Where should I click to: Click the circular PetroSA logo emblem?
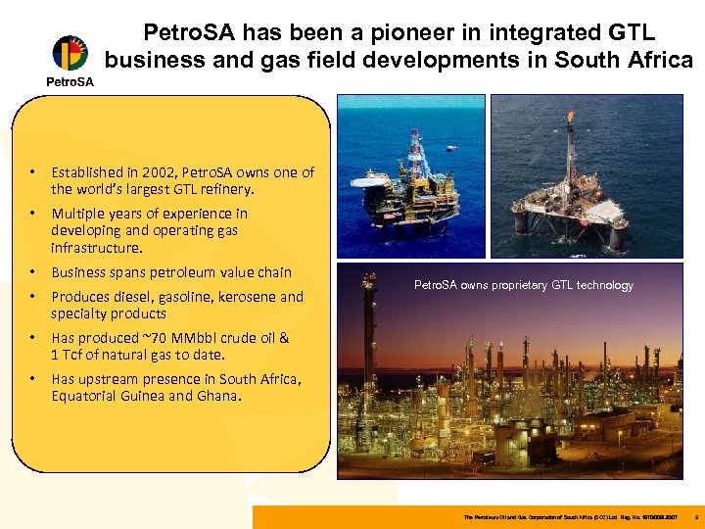(70, 53)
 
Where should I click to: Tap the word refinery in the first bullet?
(225, 189)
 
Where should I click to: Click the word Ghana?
(218, 396)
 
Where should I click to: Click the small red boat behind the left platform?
(450, 148)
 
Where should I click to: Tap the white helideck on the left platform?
(378, 181)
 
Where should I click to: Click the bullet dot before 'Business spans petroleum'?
(33, 272)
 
